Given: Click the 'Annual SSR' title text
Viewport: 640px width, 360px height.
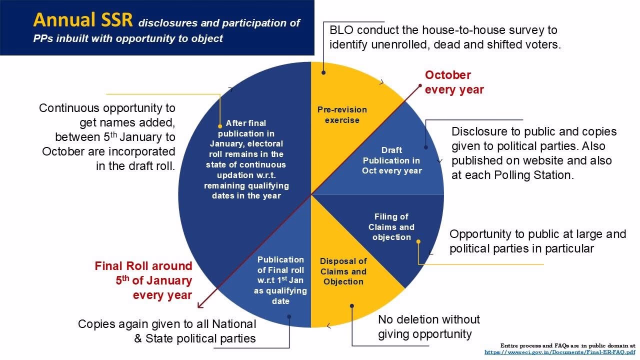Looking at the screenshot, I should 83,20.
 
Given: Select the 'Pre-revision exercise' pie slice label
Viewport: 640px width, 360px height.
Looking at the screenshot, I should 342,115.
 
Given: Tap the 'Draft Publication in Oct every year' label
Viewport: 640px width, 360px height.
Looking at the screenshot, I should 392,160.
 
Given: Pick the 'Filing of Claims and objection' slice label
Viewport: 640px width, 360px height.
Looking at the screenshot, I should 391,227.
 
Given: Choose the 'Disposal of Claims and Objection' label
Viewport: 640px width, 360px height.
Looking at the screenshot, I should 343,271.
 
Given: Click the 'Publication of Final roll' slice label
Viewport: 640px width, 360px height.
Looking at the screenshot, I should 280,280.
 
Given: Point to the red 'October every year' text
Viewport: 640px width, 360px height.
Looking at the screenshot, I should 454,82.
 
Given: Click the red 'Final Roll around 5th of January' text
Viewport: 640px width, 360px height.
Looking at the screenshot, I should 144,280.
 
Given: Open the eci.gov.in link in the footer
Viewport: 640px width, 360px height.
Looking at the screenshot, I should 559,352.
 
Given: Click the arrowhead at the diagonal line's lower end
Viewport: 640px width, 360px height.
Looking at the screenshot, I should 199,306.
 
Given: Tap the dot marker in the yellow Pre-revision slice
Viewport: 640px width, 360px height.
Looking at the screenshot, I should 323,72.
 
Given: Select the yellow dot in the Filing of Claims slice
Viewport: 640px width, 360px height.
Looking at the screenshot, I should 418,241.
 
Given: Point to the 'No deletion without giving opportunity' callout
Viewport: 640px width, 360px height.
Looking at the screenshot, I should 428,326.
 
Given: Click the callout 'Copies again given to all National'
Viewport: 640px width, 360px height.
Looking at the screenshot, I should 167,324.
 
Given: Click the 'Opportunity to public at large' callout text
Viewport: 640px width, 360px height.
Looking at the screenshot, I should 537,234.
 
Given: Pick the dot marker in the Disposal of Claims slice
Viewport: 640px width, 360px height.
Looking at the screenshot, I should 352,305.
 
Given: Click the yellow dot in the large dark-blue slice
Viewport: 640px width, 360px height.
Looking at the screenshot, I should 220,126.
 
